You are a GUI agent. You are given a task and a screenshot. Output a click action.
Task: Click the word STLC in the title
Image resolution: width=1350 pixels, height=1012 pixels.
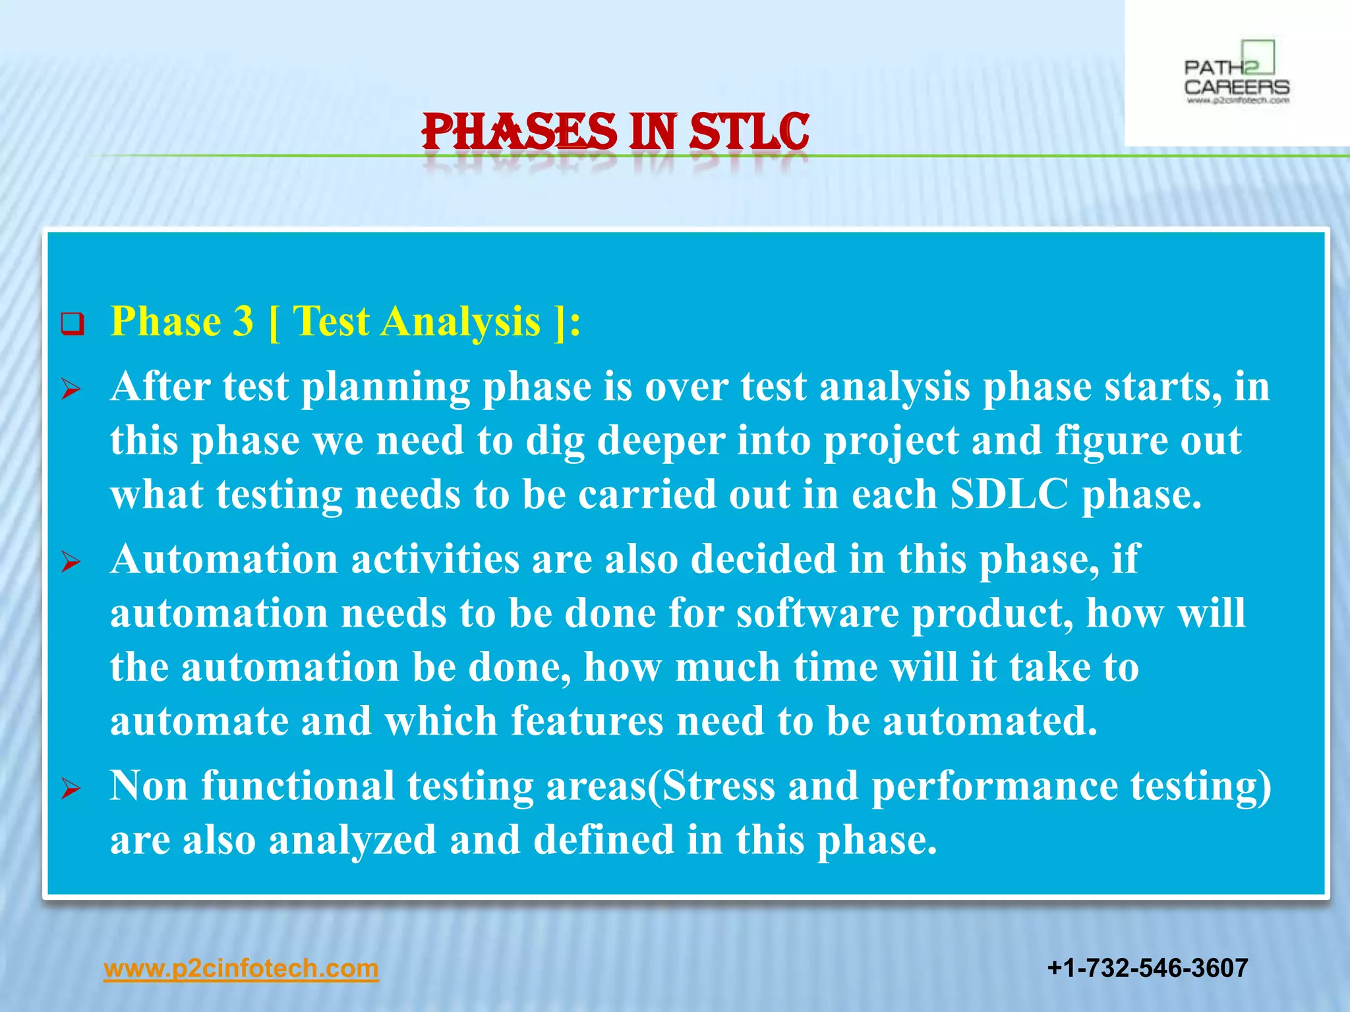pyautogui.click(x=749, y=132)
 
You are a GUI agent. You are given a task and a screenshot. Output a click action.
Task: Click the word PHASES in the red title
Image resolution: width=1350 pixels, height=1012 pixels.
pyautogui.click(x=519, y=132)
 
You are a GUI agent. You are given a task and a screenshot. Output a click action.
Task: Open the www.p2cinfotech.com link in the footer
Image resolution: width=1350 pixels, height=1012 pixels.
pyautogui.click(x=241, y=969)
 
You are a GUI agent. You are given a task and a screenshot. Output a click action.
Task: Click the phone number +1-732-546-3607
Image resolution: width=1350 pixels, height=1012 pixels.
pyautogui.click(x=1147, y=968)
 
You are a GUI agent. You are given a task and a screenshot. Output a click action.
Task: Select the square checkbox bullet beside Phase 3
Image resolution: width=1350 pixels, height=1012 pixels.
pyautogui.click(x=73, y=324)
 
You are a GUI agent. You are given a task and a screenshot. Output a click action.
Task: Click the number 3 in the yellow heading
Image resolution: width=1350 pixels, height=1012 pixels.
pyautogui.click(x=243, y=322)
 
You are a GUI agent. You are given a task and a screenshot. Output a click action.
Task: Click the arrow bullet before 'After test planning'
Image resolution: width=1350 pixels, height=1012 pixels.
pyautogui.click(x=71, y=389)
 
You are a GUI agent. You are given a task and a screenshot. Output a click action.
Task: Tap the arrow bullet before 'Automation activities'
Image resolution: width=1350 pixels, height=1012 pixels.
pyautogui.click(x=71, y=562)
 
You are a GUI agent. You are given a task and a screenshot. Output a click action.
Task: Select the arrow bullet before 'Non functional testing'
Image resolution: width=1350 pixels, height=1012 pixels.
pyautogui.click(x=71, y=788)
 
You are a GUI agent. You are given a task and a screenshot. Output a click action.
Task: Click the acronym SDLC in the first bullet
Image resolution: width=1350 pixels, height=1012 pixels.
pyautogui.click(x=1009, y=494)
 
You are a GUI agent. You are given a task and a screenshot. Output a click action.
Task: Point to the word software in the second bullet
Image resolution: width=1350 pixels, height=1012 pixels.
pyautogui.click(x=817, y=614)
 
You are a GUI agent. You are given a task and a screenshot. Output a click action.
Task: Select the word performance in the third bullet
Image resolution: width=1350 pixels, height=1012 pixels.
pyautogui.click(x=995, y=786)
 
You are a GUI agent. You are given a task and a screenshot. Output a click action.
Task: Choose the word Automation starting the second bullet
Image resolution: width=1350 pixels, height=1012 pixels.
pyautogui.click(x=224, y=560)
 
